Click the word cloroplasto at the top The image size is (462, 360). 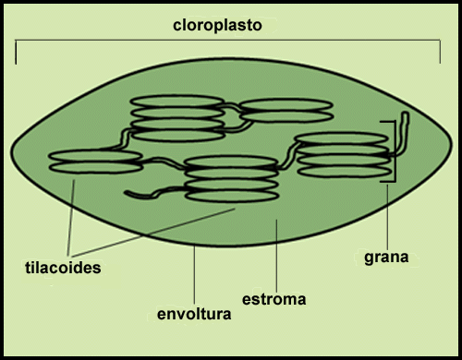(217, 26)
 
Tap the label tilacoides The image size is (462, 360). (63, 268)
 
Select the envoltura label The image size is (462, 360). (194, 314)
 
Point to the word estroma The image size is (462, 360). (274, 299)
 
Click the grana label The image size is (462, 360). (386, 258)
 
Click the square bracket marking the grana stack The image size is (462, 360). (395, 151)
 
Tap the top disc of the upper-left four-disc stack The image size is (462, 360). (177, 101)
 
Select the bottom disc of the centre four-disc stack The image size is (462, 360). (232, 196)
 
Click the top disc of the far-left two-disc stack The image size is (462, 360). (95, 156)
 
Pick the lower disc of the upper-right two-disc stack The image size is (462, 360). (286, 116)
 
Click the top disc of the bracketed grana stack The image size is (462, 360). (341, 138)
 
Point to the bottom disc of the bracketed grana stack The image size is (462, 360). (345, 172)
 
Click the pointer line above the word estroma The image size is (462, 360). (276, 256)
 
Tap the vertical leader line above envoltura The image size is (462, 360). (194, 275)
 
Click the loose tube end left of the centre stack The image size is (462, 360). (127, 193)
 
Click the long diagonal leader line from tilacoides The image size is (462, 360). (153, 233)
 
